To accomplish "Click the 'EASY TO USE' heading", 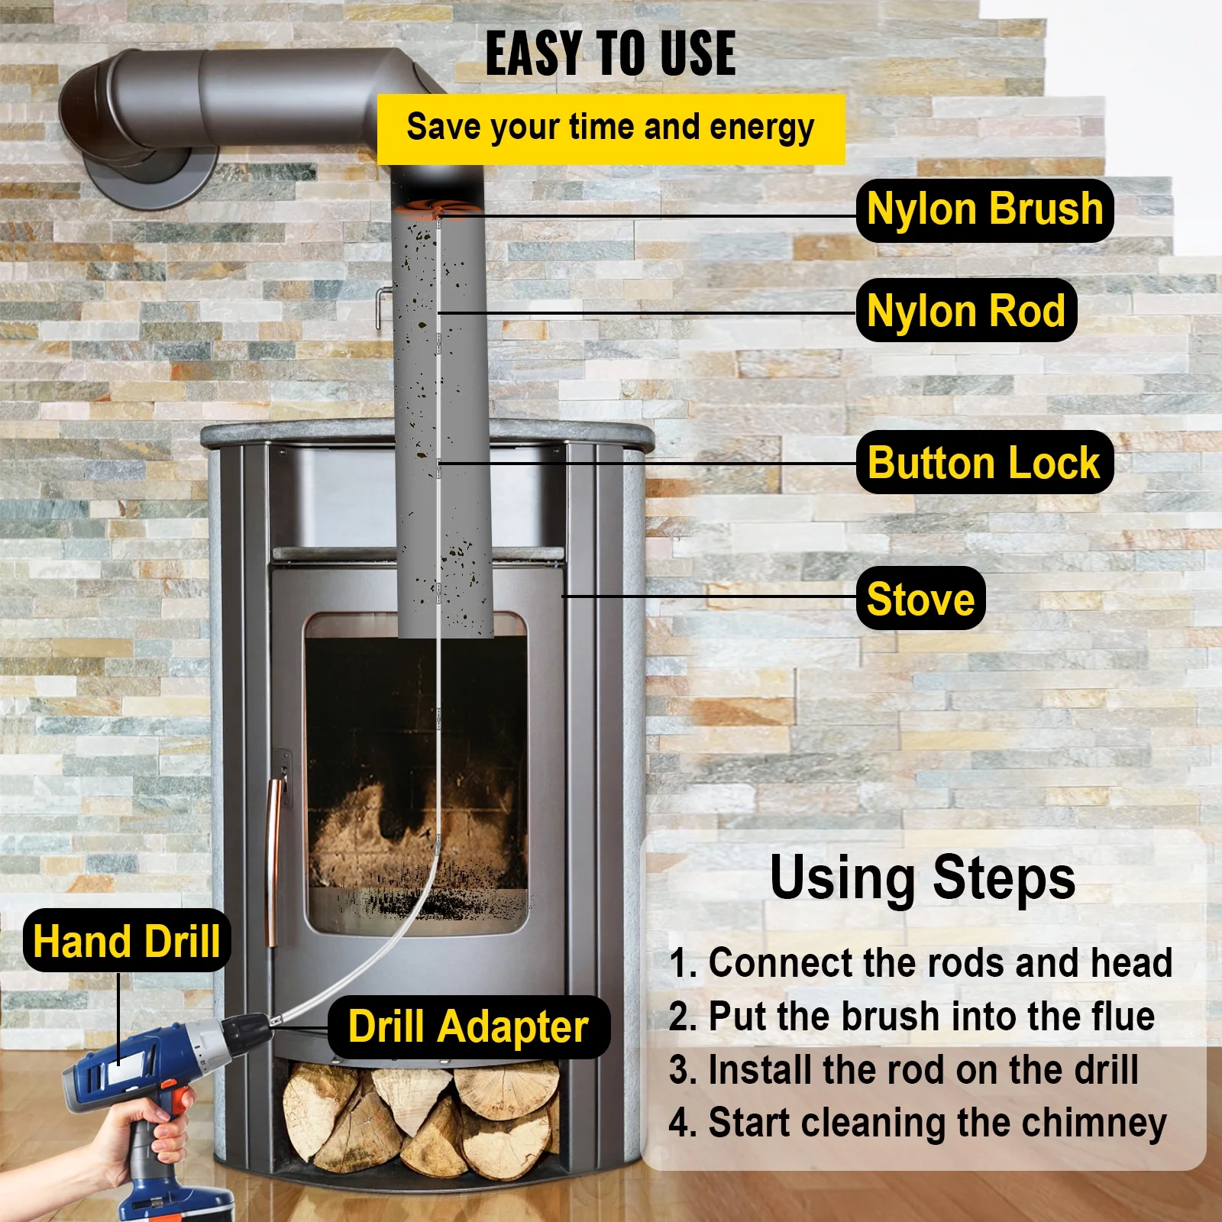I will coord(610,53).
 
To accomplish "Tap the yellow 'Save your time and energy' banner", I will coord(610,128).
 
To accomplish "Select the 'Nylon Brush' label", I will coord(984,210).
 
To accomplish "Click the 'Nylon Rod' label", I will coord(966,311).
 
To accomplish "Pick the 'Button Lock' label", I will coord(984,463).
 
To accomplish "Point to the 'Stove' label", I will coord(920,599).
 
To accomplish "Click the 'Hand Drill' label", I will coord(127,941).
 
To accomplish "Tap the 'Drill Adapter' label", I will coord(468,1027).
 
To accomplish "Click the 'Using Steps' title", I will coord(922,878).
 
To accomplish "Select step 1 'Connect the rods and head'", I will coord(920,962).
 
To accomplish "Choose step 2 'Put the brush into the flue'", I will coord(911,1017).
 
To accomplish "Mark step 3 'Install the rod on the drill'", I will coord(904,1070).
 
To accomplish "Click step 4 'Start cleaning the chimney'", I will coord(917,1123).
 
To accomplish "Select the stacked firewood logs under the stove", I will coord(420,1119).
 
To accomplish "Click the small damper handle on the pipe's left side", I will coord(381,305).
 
